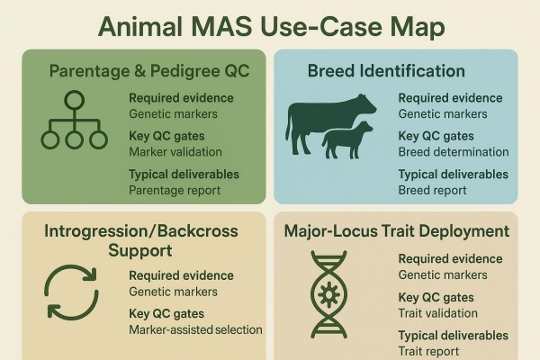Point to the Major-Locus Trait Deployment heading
click(397, 231)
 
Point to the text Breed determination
click(454, 152)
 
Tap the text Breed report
click(432, 190)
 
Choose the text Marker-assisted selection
click(195, 329)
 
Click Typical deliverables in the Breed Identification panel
click(453, 174)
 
